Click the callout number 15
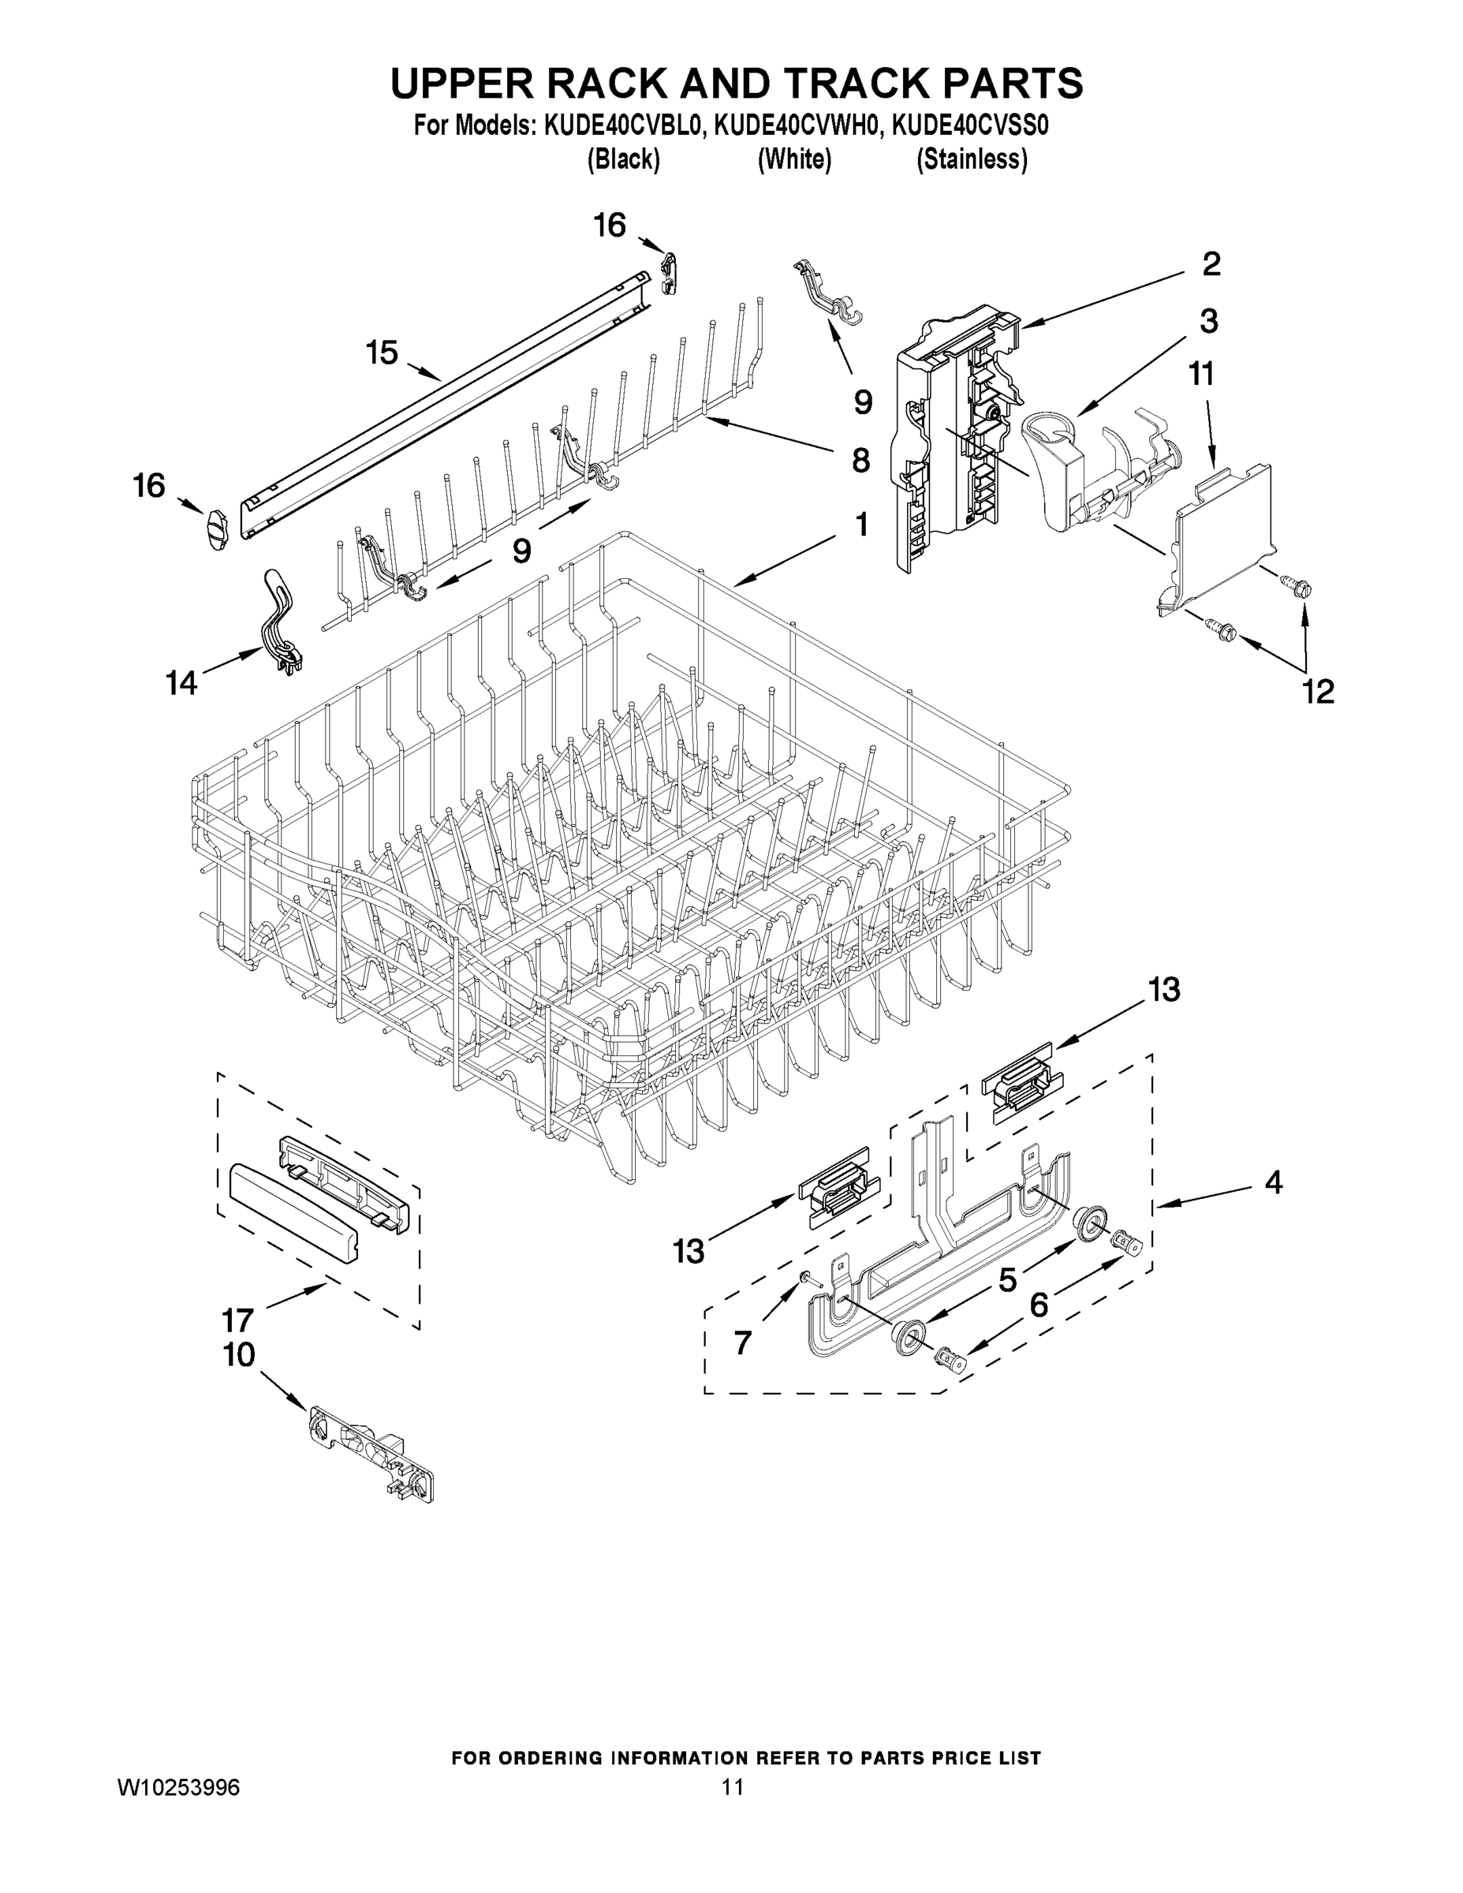382,353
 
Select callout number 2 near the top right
1211,263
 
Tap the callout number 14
182,683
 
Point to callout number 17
237,1321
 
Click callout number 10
239,1355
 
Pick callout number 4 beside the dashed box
1272,1182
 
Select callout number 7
743,1342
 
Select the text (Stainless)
972,159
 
